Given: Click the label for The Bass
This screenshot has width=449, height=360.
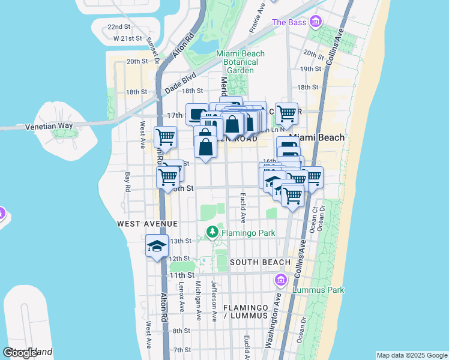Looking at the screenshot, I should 289,22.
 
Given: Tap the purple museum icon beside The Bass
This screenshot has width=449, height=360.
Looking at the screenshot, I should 316,22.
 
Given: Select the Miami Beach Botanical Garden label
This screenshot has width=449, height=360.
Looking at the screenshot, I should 240,62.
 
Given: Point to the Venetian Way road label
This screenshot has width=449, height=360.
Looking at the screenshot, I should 49,126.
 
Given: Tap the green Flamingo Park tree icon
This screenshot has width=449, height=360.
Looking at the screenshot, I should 212,232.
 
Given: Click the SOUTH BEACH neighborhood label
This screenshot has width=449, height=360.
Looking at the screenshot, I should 260,262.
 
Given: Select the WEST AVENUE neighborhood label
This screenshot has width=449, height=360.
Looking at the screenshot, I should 147,223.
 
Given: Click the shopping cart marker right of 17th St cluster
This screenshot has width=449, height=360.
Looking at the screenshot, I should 288,113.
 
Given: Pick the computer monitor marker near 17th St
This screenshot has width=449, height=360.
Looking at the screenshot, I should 196,113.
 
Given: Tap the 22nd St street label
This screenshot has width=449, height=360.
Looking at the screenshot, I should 119,27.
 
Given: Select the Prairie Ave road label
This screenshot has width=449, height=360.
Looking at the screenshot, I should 257,18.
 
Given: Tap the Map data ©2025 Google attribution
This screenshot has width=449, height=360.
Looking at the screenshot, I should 411,355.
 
